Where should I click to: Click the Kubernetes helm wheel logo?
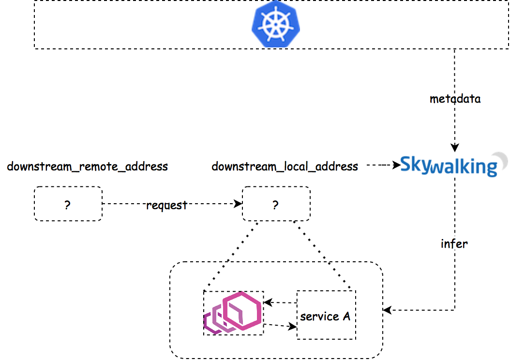click(x=275, y=24)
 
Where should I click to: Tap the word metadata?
click(x=455, y=99)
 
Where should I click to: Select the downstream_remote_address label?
click(x=88, y=167)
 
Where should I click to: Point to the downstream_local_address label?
click(x=285, y=167)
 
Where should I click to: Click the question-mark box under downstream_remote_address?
click(x=68, y=204)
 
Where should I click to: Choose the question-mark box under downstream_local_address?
click(x=276, y=204)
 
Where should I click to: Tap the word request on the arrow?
click(x=166, y=205)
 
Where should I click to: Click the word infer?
click(x=454, y=243)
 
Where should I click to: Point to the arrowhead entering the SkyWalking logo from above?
click(x=454, y=149)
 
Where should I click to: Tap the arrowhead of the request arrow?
click(x=239, y=204)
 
